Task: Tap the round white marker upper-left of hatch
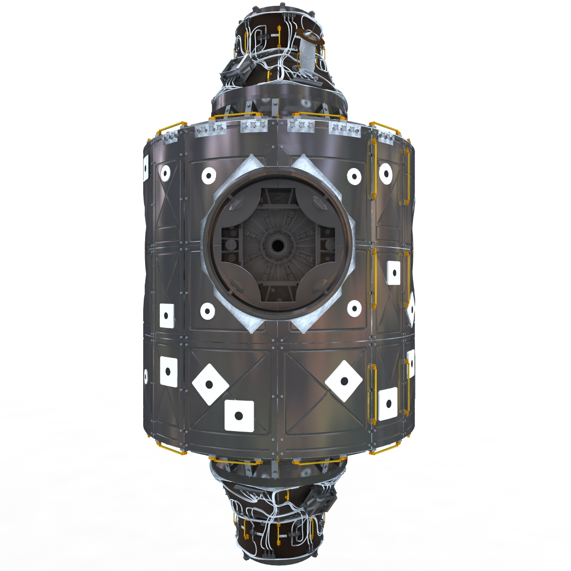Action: click(x=209, y=176)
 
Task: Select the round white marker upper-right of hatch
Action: click(x=354, y=176)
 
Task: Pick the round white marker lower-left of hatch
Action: click(x=207, y=312)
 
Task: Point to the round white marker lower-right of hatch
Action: click(x=354, y=309)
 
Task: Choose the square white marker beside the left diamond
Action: click(x=239, y=416)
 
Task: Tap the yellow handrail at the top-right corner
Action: click(x=384, y=128)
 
